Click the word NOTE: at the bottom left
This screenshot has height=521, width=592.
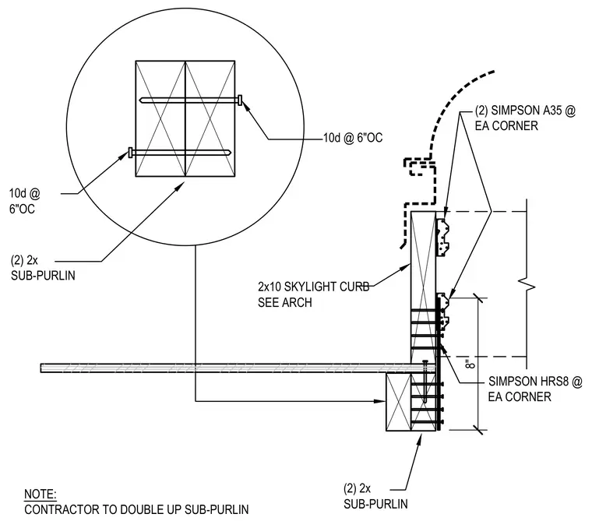coord(41,494)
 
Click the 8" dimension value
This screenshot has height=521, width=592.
coord(470,364)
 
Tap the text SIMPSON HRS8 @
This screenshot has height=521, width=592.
coord(535,382)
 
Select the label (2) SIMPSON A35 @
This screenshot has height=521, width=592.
coord(525,111)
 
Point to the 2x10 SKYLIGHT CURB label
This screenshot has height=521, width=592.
coord(314,287)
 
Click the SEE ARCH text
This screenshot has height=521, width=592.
coord(285,302)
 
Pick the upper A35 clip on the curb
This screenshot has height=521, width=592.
coord(443,238)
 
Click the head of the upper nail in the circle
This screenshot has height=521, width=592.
coord(240,100)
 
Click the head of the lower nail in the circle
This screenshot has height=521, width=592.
coord(130,153)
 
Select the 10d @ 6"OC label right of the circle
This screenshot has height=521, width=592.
coord(353,138)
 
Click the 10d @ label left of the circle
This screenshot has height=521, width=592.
coord(25,193)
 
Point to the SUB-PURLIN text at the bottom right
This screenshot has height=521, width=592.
coord(375,504)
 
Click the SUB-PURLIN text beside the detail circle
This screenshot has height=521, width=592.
coord(43,276)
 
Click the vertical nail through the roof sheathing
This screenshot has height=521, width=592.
coord(425,382)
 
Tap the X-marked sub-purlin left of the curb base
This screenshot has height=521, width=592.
coord(398,402)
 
